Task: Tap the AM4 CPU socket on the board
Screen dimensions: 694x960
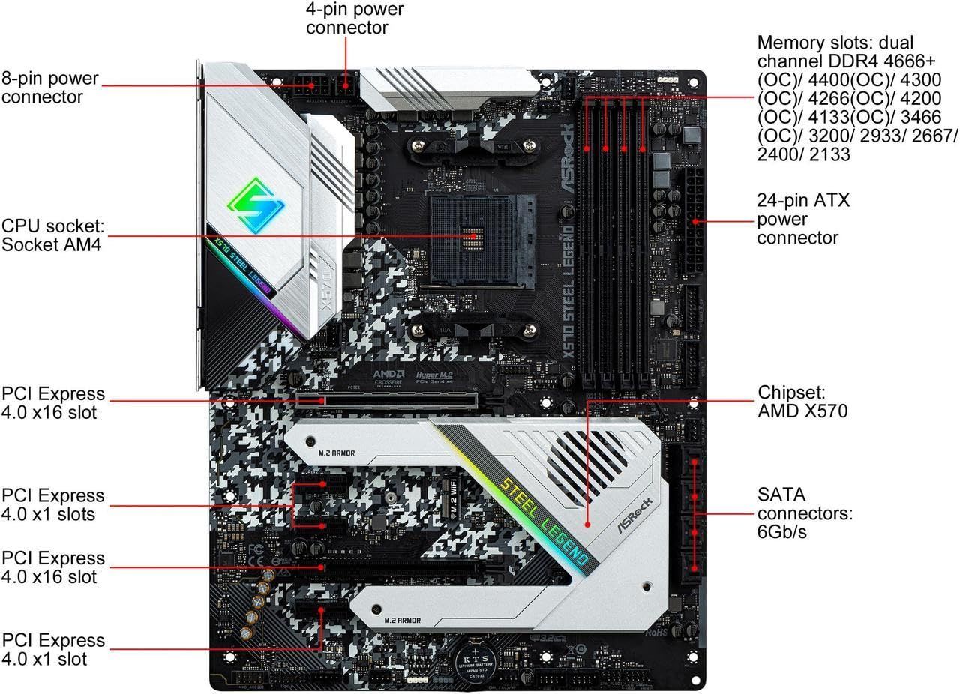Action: [472, 238]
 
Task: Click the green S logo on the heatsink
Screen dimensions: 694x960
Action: [258, 201]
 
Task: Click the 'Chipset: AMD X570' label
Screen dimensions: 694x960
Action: [802, 402]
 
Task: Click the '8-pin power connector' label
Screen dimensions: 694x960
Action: [50, 88]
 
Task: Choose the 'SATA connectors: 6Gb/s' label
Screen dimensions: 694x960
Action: [805, 513]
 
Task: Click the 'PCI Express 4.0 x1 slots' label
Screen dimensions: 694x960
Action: [52, 504]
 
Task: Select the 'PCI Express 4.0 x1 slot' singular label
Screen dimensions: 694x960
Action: [52, 649]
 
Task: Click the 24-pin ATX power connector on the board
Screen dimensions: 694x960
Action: [694, 222]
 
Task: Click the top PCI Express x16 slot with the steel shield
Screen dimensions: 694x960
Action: [386, 399]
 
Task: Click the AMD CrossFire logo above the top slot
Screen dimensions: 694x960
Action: [389, 377]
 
